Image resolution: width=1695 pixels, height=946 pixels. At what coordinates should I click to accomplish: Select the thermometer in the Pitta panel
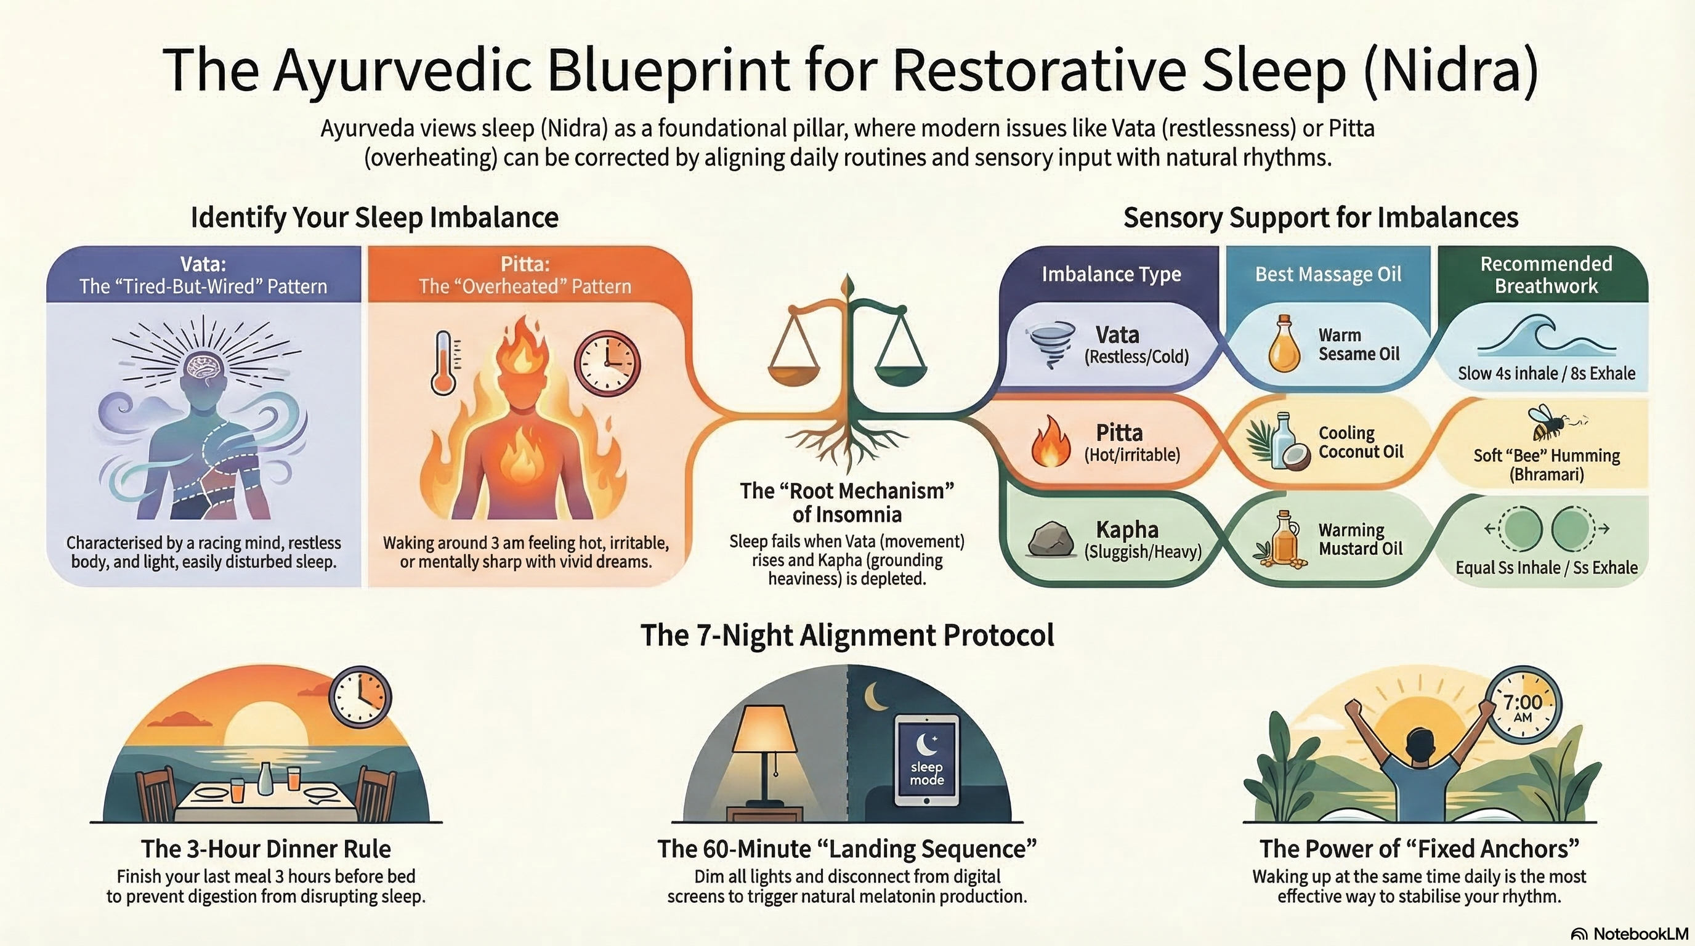[444, 363]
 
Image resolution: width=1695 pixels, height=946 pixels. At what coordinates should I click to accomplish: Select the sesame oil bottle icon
[1284, 344]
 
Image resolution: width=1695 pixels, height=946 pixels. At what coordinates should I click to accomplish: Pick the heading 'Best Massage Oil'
[1328, 274]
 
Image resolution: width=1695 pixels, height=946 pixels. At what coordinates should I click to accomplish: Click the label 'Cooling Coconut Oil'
[1360, 442]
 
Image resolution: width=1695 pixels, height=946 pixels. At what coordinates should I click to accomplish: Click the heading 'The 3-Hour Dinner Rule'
[266, 849]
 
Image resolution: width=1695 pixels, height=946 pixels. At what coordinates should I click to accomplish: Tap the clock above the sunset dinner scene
[360, 697]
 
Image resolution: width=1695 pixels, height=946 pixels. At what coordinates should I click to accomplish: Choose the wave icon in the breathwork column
[1547, 336]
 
